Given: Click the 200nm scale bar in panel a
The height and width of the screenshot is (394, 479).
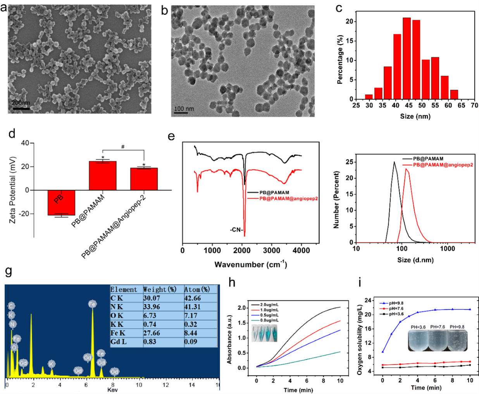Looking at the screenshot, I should [21, 108].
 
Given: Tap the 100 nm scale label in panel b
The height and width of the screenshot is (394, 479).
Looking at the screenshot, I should [184, 109].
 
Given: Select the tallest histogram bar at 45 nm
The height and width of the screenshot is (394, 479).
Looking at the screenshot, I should [407, 58].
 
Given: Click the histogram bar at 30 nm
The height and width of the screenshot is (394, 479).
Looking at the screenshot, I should [369, 97].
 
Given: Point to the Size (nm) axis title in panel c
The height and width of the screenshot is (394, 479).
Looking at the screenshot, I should [415, 116].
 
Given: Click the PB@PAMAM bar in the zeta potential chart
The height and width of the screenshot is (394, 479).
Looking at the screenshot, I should [103, 176].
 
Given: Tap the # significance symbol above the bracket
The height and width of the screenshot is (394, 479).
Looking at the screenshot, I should [123, 147].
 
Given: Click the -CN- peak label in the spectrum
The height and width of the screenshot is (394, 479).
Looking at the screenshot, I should [236, 230].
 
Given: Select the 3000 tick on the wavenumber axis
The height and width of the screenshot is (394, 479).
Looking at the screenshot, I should [271, 251].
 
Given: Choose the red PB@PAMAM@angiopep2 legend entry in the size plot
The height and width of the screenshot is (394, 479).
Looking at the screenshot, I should [443, 165].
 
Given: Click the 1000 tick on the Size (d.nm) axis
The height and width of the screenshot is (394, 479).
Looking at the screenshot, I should [447, 249].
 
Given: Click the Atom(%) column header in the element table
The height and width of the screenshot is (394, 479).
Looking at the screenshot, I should [197, 289].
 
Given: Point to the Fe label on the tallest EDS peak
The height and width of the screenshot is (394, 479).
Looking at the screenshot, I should [92, 304].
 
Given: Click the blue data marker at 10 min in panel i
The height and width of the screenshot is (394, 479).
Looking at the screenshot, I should [470, 309].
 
